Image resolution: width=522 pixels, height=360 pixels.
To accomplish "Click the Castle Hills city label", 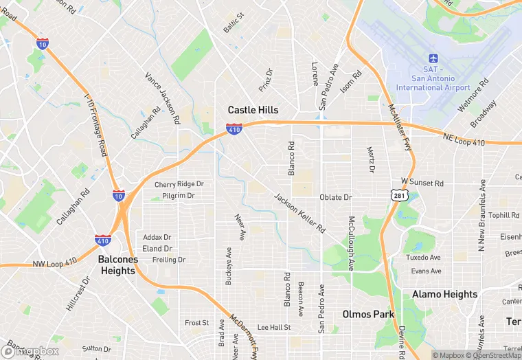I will coord(253,110).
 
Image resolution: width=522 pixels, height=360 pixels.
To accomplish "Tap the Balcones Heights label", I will coord(117,265).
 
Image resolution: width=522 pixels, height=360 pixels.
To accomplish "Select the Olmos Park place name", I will coord(368,315).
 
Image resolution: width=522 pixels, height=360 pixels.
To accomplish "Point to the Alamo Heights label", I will coord(444,294).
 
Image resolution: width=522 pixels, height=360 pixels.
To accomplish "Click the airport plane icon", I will coord(433,59).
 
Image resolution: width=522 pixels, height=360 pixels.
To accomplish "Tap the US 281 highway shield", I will coord(400,196).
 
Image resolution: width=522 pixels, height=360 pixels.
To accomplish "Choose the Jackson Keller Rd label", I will coord(299,213).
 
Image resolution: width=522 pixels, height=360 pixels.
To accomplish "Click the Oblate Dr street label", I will coord(336,197).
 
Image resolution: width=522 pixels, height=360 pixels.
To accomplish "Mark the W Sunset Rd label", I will coord(422,183).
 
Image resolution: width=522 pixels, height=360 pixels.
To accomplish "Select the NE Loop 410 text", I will coord(464,142).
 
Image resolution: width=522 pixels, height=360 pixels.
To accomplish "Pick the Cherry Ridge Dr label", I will coord(179,184).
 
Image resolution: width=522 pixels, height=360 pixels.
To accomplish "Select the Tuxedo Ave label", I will coord(422,258).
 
